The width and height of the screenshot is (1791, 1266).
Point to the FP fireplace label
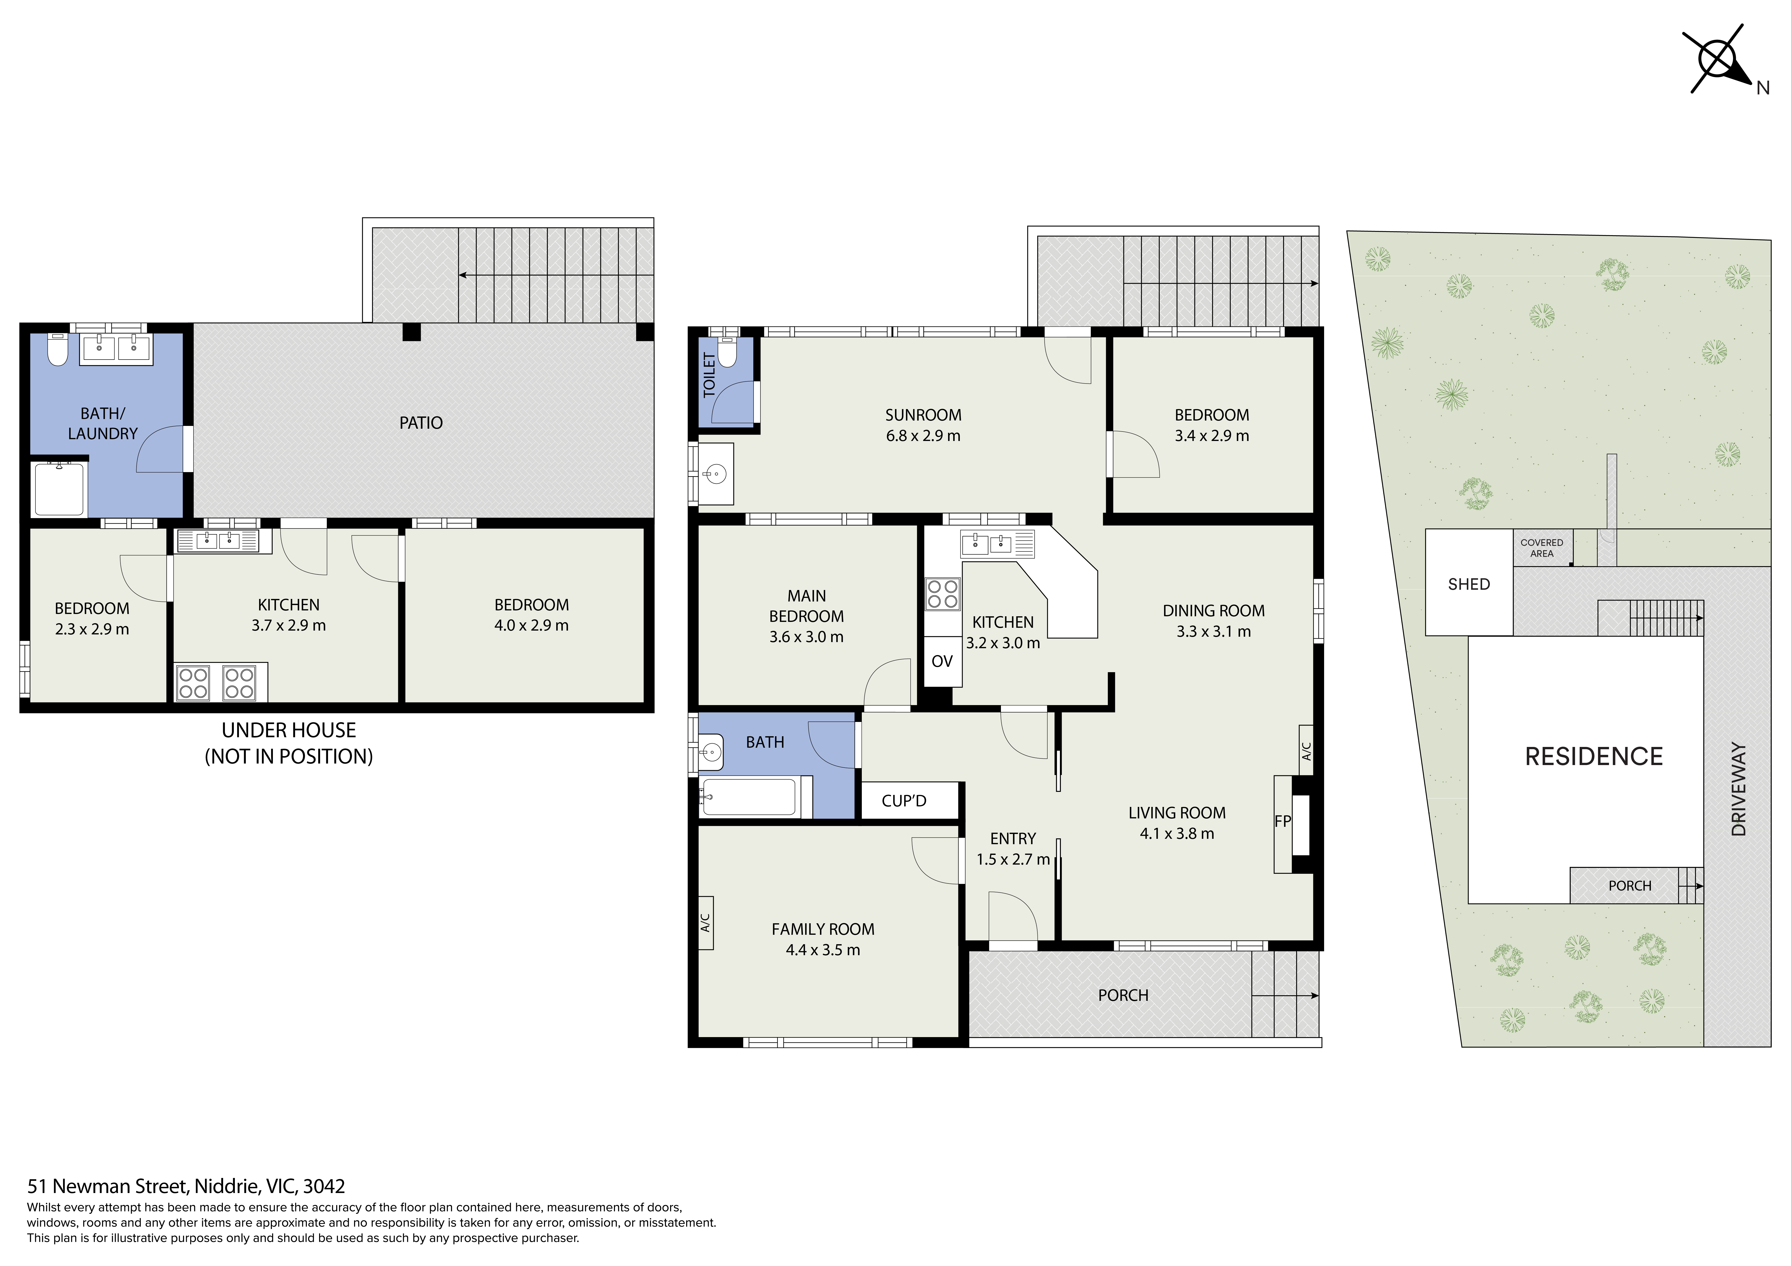click(x=1282, y=821)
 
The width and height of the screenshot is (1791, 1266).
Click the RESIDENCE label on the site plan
click(x=1594, y=756)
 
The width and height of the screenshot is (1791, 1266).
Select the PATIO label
click(x=421, y=423)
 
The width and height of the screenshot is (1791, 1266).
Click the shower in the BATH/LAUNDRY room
click(x=58, y=489)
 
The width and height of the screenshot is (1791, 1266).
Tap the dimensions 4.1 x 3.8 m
click(x=1176, y=833)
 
